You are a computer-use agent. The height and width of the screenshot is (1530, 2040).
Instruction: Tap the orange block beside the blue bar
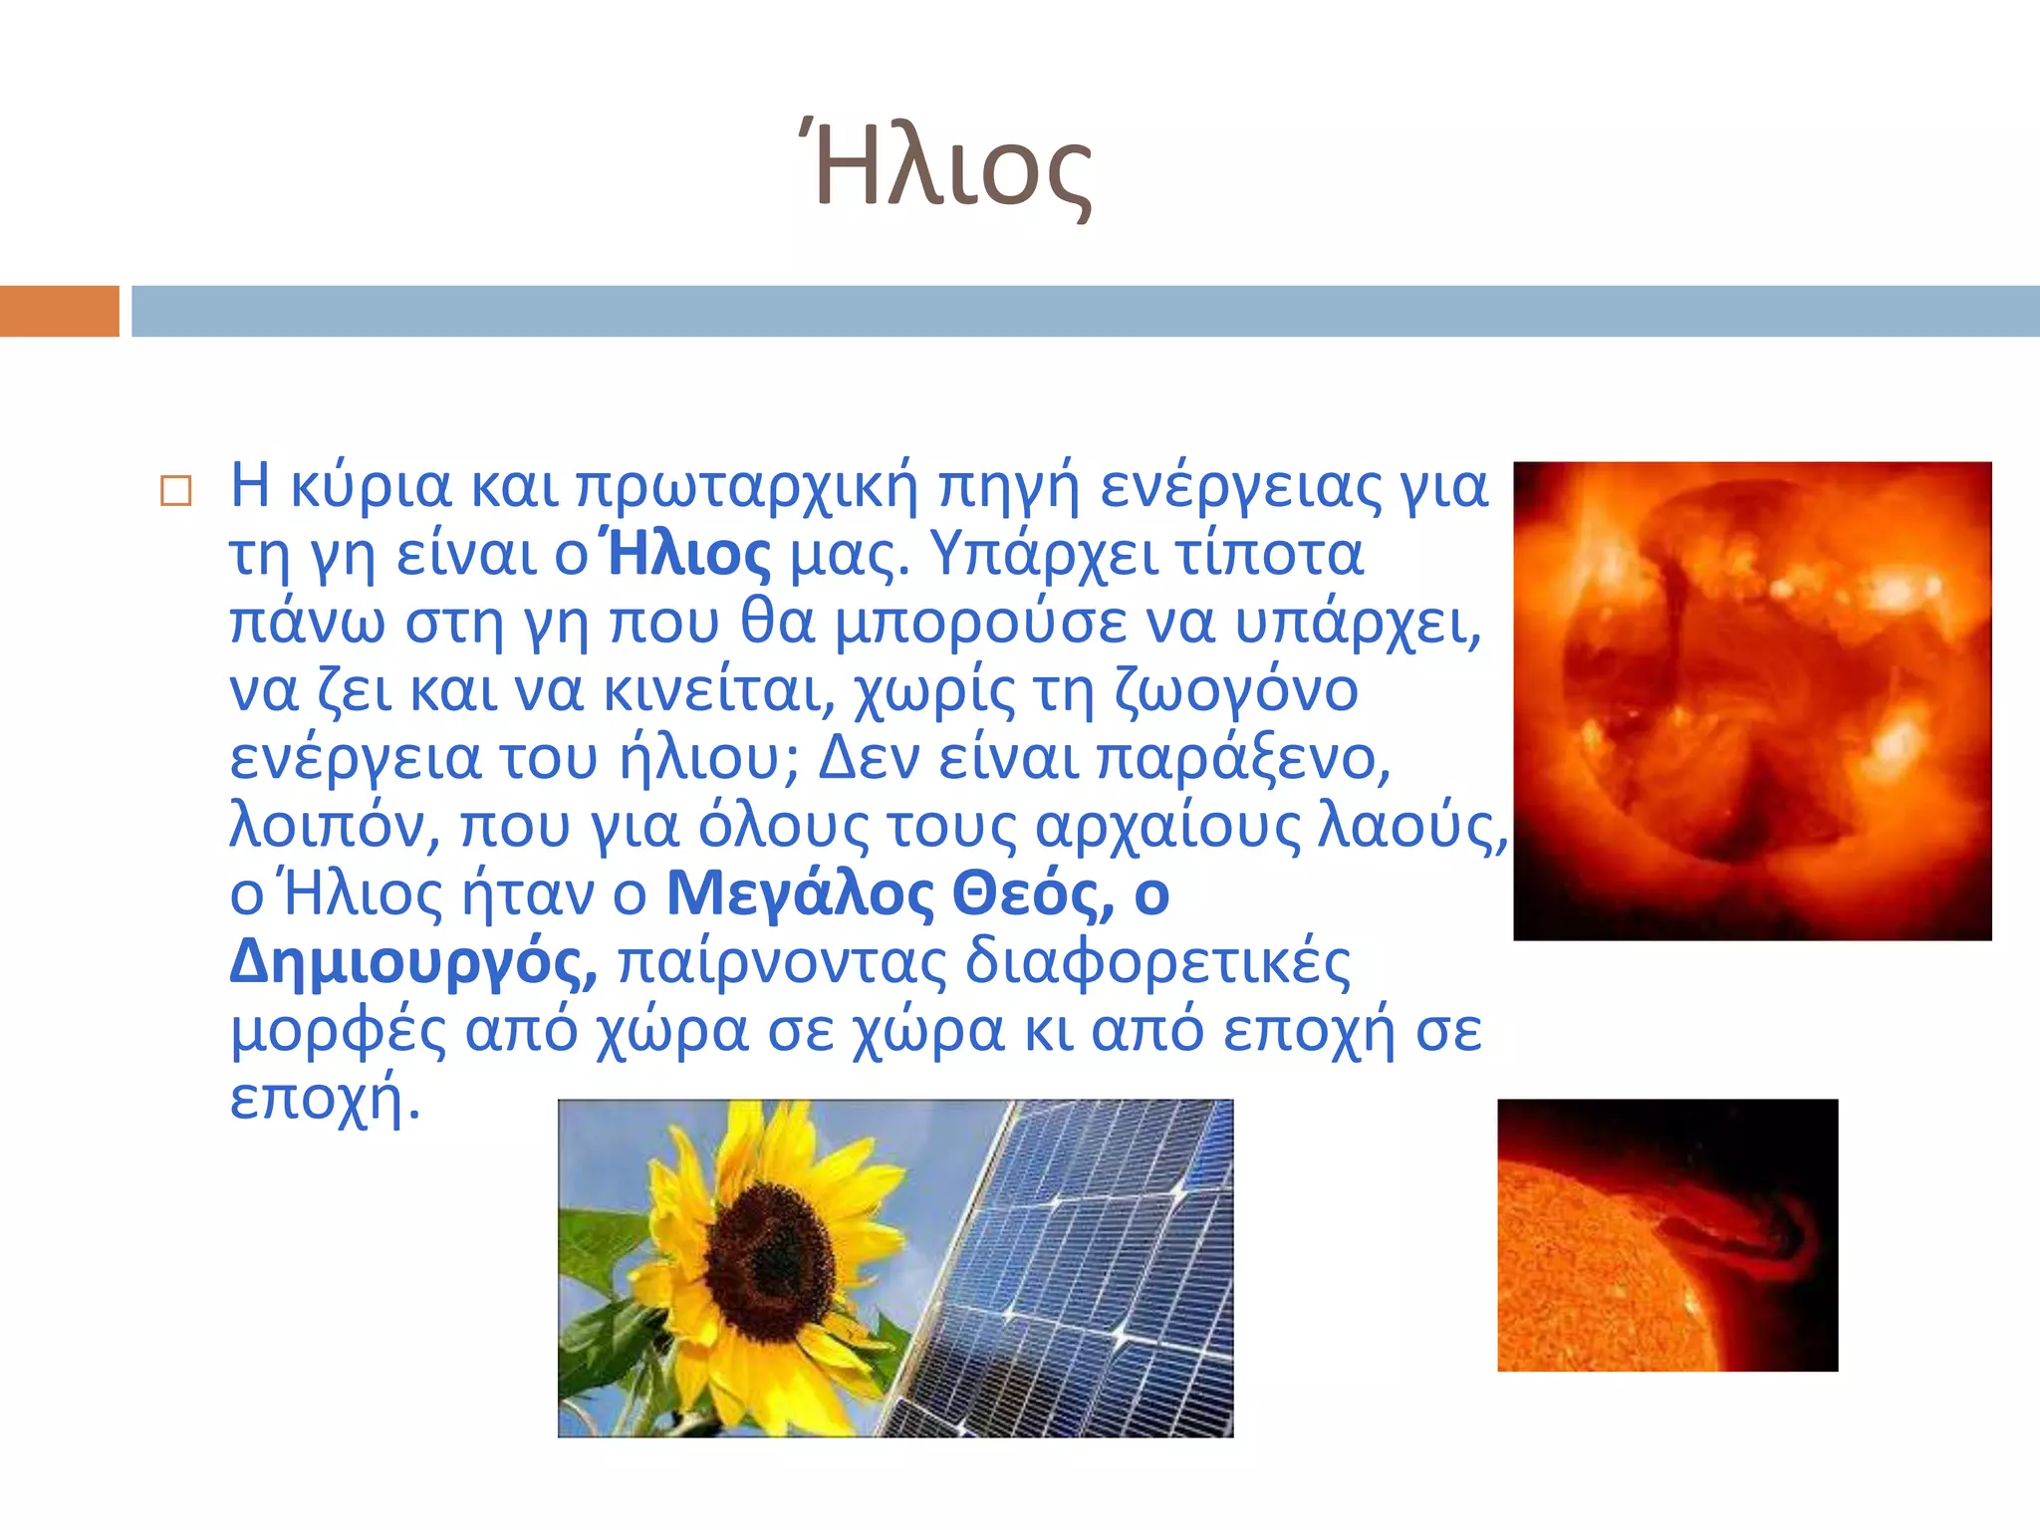coord(59,311)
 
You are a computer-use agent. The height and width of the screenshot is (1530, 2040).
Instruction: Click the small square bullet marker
coord(175,491)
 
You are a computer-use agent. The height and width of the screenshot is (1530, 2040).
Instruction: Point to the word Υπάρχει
coord(1044,554)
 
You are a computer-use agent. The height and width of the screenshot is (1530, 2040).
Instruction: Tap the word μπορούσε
coord(980,622)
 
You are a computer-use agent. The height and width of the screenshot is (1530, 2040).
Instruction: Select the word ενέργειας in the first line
coord(1241,486)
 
